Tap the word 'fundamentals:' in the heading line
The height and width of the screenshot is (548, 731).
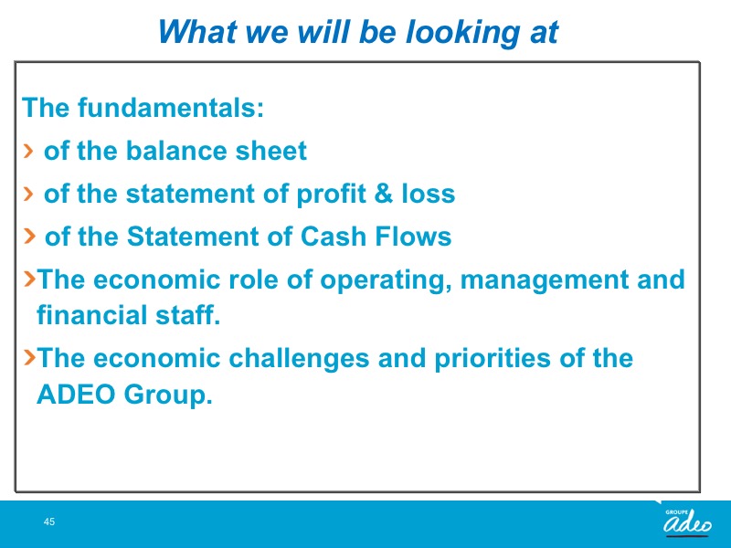pos(171,107)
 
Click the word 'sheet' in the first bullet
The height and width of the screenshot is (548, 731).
pos(270,151)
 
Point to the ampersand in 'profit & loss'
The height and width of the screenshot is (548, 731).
pos(383,193)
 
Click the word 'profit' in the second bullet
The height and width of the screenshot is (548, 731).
pos(331,195)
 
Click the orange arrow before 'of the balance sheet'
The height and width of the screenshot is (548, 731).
pos(28,151)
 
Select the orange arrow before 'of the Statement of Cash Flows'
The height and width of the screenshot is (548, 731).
pos(29,236)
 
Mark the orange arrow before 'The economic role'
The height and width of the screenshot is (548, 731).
pos(29,279)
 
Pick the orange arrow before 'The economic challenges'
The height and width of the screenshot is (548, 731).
pos(29,357)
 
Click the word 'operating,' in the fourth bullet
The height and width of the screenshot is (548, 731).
pos(386,280)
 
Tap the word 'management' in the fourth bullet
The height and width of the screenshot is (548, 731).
pos(544,280)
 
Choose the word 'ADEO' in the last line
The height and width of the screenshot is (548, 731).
pos(76,395)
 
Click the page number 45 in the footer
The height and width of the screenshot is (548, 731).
pos(49,522)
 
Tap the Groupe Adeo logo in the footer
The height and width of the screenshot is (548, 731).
pos(687,522)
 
